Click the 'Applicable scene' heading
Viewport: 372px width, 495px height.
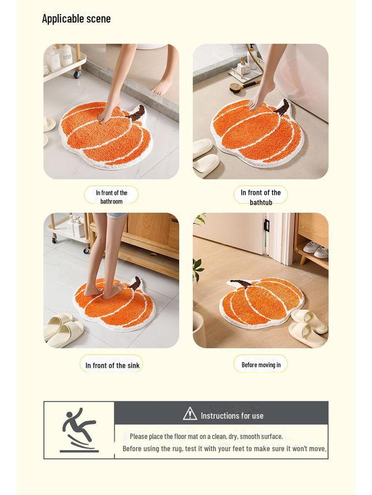(76, 19)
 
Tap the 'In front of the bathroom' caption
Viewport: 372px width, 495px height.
(111, 196)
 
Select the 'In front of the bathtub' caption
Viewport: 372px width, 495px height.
(261, 197)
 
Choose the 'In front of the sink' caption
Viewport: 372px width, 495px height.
(112, 365)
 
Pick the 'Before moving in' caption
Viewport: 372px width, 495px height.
(261, 365)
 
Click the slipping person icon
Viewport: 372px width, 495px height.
(79, 429)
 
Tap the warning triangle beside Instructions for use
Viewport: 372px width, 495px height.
(190, 414)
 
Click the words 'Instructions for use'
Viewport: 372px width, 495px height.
(232, 416)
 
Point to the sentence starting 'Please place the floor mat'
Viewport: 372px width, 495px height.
(206, 436)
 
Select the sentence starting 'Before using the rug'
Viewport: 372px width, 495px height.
(224, 449)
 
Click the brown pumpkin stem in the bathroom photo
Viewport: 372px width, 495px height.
(137, 112)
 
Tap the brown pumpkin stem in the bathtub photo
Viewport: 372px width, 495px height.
(282, 107)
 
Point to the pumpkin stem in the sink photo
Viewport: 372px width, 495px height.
(135, 283)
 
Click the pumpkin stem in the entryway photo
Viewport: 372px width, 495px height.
(241, 284)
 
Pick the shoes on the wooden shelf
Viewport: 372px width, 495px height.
(315, 250)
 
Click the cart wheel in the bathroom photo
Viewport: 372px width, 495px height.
(77, 74)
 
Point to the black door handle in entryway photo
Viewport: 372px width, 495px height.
(266, 225)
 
